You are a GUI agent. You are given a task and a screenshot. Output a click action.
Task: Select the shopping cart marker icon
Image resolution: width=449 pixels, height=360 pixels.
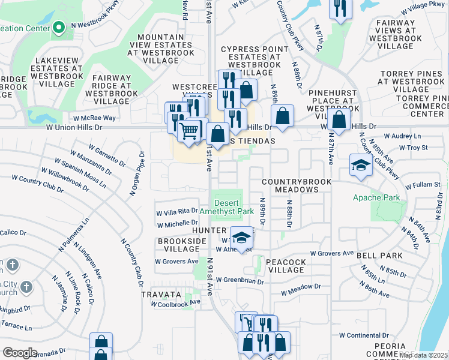(x=190, y=130)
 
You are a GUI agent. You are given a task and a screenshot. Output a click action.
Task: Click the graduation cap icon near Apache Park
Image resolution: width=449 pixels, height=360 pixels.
(x=361, y=165)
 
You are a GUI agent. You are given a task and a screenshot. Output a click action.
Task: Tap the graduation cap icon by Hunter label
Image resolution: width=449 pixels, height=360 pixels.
(x=241, y=238)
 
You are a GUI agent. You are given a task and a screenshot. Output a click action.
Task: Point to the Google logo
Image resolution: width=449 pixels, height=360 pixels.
(x=20, y=353)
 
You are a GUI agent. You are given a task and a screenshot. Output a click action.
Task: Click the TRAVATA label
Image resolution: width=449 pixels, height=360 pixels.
(x=161, y=295)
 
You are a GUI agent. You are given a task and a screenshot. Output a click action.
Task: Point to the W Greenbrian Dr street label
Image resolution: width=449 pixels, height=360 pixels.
(x=240, y=280)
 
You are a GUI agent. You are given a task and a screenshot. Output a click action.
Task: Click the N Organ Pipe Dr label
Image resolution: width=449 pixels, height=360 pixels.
(x=137, y=175)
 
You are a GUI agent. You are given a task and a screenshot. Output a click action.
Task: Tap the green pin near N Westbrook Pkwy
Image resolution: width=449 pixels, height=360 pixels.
(x=59, y=27)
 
